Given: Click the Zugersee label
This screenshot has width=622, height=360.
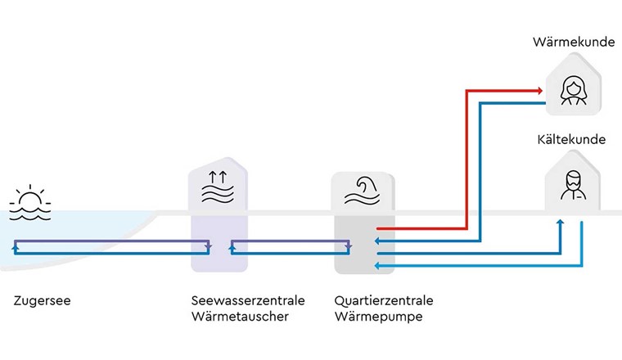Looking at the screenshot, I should pyautogui.click(x=42, y=300).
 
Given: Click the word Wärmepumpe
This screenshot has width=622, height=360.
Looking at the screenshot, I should pyautogui.click(x=379, y=316).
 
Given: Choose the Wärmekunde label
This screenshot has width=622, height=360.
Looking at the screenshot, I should pyautogui.click(x=573, y=41).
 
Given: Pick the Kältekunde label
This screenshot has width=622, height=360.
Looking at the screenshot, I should pyautogui.click(x=573, y=139).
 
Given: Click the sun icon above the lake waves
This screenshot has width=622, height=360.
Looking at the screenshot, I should pyautogui.click(x=29, y=198).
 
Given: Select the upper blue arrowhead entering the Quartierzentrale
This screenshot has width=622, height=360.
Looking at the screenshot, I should pyautogui.click(x=377, y=241).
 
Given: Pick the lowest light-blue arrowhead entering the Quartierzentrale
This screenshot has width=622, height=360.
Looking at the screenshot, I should pyautogui.click(x=377, y=265).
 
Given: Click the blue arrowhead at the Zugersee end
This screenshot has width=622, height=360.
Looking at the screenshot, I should pyautogui.click(x=16, y=246).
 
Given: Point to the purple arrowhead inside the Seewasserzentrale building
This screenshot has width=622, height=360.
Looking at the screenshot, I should pyautogui.click(x=210, y=246).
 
